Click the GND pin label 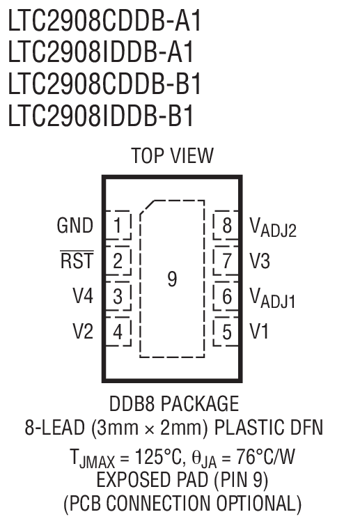[x=75, y=226]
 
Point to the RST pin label [x=77, y=261]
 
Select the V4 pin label [x=82, y=296]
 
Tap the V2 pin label [x=82, y=331]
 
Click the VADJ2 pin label [x=273, y=227]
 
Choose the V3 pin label [x=260, y=261]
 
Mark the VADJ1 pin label [x=273, y=298]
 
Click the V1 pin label [x=259, y=331]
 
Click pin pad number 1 [x=118, y=226]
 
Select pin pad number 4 [x=118, y=331]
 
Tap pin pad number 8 [x=226, y=226]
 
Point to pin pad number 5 [x=226, y=331]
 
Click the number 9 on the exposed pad [x=172, y=279]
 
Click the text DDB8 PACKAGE [x=173, y=404]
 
